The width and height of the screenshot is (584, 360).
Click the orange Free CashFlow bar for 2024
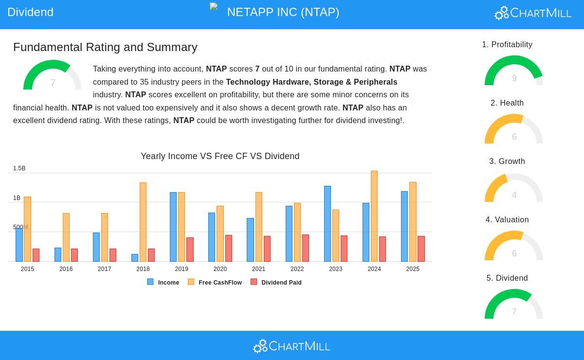(374, 216)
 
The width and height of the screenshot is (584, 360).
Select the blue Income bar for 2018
(135, 258)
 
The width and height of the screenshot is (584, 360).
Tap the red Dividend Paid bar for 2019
(190, 250)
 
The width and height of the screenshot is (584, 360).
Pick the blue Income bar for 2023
(328, 224)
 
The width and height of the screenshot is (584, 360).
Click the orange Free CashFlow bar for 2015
(27, 229)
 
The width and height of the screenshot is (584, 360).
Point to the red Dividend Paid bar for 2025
(421, 249)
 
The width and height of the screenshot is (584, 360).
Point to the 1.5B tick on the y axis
(19, 168)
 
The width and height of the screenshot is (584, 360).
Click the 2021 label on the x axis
(258, 269)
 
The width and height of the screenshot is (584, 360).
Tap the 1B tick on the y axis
(17, 198)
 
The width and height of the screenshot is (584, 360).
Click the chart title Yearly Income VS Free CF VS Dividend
(220, 156)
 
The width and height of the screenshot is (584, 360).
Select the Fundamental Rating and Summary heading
(105, 47)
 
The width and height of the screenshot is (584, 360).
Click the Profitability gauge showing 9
(514, 72)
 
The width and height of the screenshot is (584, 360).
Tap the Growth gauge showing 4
(514, 189)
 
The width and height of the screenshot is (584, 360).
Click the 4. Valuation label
(507, 220)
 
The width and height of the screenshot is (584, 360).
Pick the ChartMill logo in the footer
(292, 346)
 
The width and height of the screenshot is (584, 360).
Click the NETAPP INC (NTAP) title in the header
(283, 12)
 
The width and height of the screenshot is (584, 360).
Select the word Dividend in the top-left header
(30, 12)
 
